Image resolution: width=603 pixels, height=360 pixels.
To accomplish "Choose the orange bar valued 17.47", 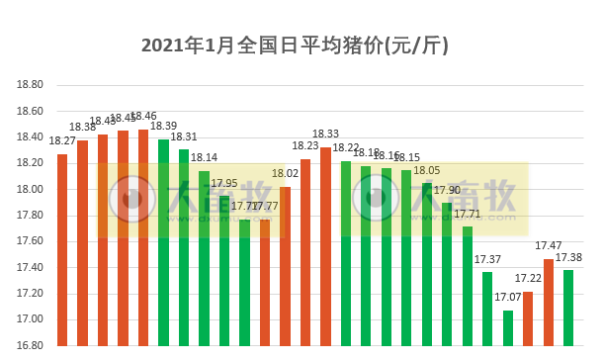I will (549, 303).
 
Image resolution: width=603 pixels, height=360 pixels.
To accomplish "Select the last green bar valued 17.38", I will (568, 308).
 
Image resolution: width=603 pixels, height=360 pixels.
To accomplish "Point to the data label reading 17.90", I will (447, 190).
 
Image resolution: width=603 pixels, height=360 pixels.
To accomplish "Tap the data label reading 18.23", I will (305, 146).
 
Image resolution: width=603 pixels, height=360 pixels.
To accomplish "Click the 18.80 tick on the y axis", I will (31, 85).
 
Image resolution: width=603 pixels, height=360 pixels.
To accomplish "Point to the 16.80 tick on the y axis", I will (31, 345).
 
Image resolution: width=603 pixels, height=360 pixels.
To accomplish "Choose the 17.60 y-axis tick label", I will (31, 241).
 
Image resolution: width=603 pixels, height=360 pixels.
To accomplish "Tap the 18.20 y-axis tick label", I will (31, 163).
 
